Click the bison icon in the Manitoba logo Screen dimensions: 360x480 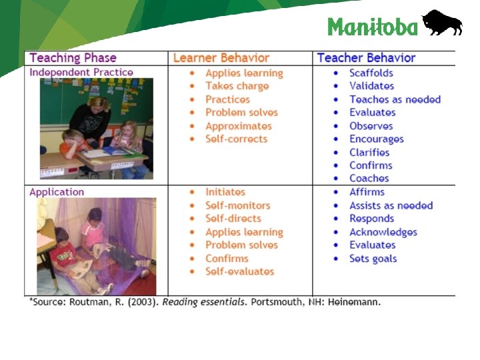[x=441, y=24]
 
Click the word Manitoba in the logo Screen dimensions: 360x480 [x=373, y=27]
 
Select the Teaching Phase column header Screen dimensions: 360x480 [x=73, y=58]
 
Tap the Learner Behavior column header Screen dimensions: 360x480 [x=221, y=58]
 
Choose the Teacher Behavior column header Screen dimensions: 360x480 [x=366, y=58]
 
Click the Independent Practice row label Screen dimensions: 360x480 [x=81, y=72]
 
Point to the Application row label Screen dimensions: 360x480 [x=57, y=192]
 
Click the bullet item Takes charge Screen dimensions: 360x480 [x=237, y=86]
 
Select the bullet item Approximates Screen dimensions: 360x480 [x=238, y=126]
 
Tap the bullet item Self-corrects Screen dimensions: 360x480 [x=236, y=139]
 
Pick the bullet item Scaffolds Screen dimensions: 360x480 [x=371, y=73]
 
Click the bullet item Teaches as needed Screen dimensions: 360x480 [x=395, y=99]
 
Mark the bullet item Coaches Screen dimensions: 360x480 [x=369, y=178]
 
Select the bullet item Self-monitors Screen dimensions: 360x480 [x=237, y=205]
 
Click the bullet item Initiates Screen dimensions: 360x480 [x=225, y=192]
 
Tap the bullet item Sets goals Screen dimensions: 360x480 [x=373, y=258]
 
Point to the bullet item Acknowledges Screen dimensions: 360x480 [x=383, y=232]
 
